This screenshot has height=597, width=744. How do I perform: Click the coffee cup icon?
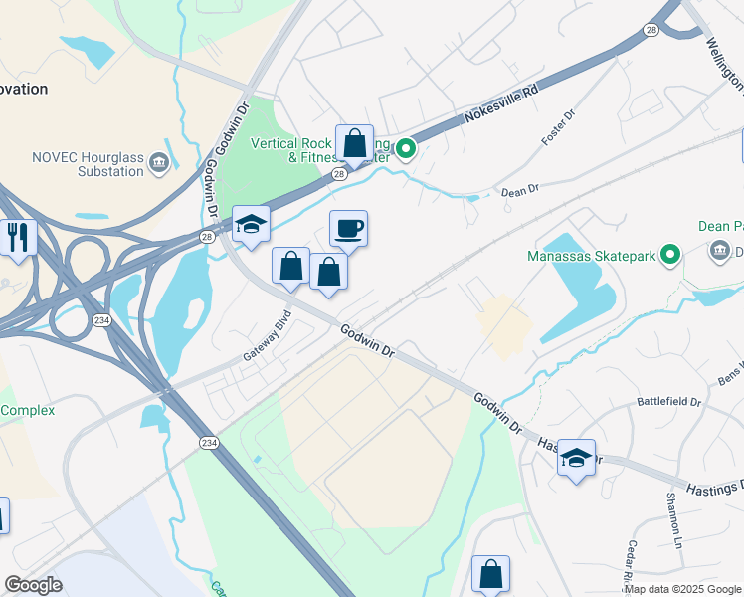(348, 230)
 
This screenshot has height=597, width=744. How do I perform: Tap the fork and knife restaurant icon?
(19, 237)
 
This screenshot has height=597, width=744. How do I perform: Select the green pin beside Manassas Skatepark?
(670, 257)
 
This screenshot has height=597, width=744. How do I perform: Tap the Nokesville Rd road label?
(501, 104)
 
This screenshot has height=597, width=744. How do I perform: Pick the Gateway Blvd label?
(267, 341)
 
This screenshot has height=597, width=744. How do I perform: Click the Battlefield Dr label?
(669, 404)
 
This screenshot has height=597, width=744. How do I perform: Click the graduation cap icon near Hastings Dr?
(576, 458)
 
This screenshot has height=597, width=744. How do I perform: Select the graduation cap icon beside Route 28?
(251, 224)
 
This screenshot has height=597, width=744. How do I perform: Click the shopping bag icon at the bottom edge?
(490, 574)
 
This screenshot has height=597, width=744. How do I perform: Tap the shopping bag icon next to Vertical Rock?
(354, 144)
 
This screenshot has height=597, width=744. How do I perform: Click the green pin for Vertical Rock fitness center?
(406, 150)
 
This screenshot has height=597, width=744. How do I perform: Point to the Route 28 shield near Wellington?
(650, 31)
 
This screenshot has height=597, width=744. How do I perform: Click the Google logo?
(33, 585)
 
